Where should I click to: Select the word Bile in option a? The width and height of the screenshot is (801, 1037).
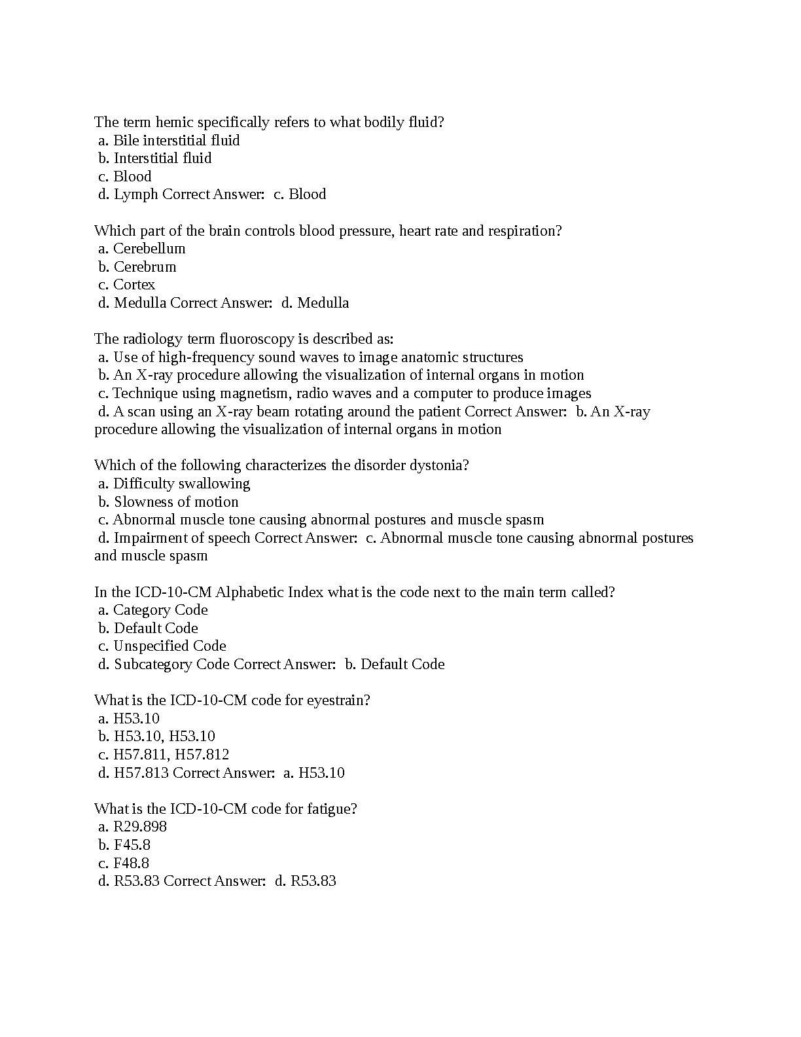126,140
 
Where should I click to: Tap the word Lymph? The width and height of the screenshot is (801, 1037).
135,194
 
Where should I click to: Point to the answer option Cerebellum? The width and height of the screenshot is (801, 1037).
149,249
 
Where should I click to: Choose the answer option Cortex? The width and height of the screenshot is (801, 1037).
134,285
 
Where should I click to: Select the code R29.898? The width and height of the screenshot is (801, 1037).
140,827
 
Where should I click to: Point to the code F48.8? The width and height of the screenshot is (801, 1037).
131,864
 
